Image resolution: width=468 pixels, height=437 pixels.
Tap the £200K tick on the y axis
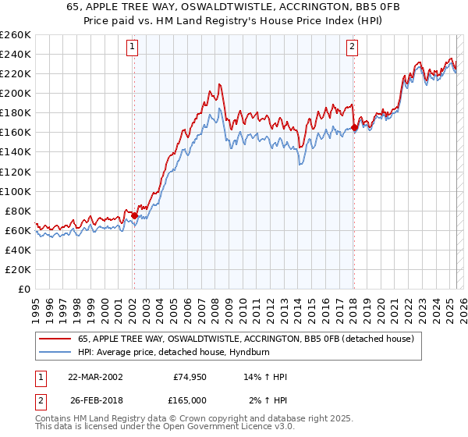[x=16, y=93]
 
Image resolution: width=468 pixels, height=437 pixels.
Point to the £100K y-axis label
[x=16, y=191]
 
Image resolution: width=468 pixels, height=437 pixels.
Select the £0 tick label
[x=25, y=289]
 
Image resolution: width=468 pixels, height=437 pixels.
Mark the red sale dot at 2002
[x=134, y=215]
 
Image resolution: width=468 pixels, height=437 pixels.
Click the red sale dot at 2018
[x=354, y=127]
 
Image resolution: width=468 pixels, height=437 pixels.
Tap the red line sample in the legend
[x=55, y=339]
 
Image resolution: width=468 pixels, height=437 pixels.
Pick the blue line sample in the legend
[x=55, y=352]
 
